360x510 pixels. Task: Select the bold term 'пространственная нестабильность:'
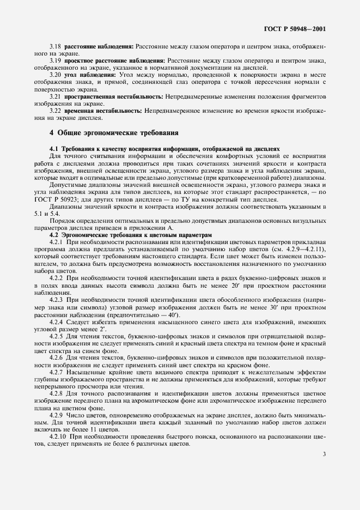112,96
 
